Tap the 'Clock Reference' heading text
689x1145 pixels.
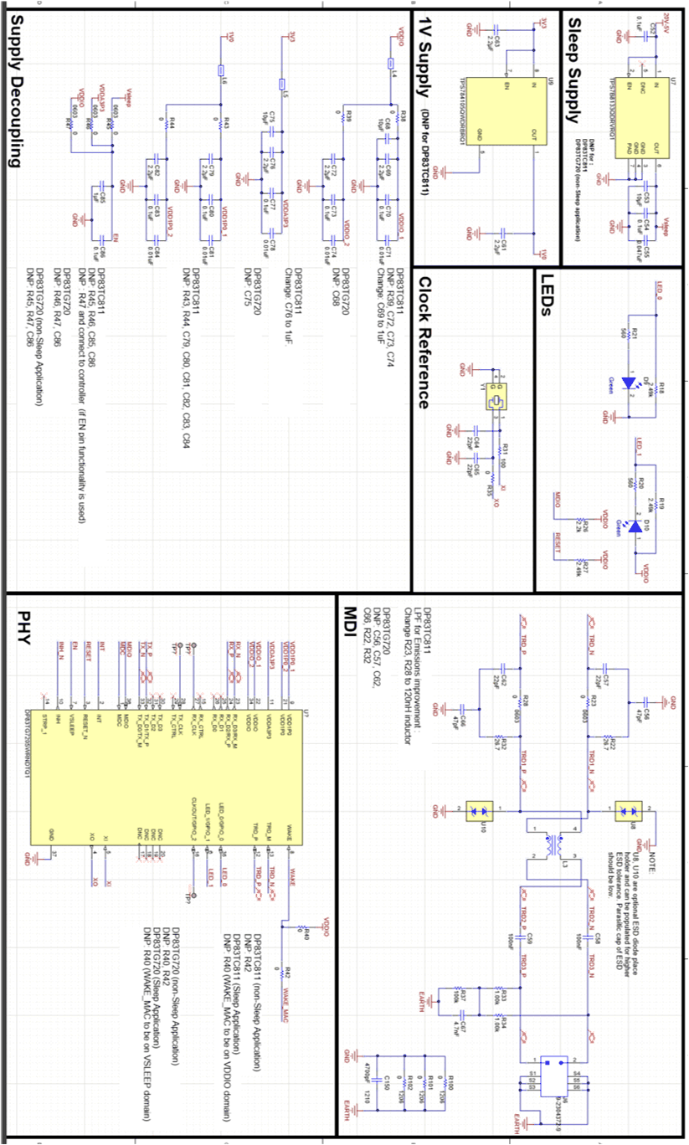(x=424, y=342)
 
